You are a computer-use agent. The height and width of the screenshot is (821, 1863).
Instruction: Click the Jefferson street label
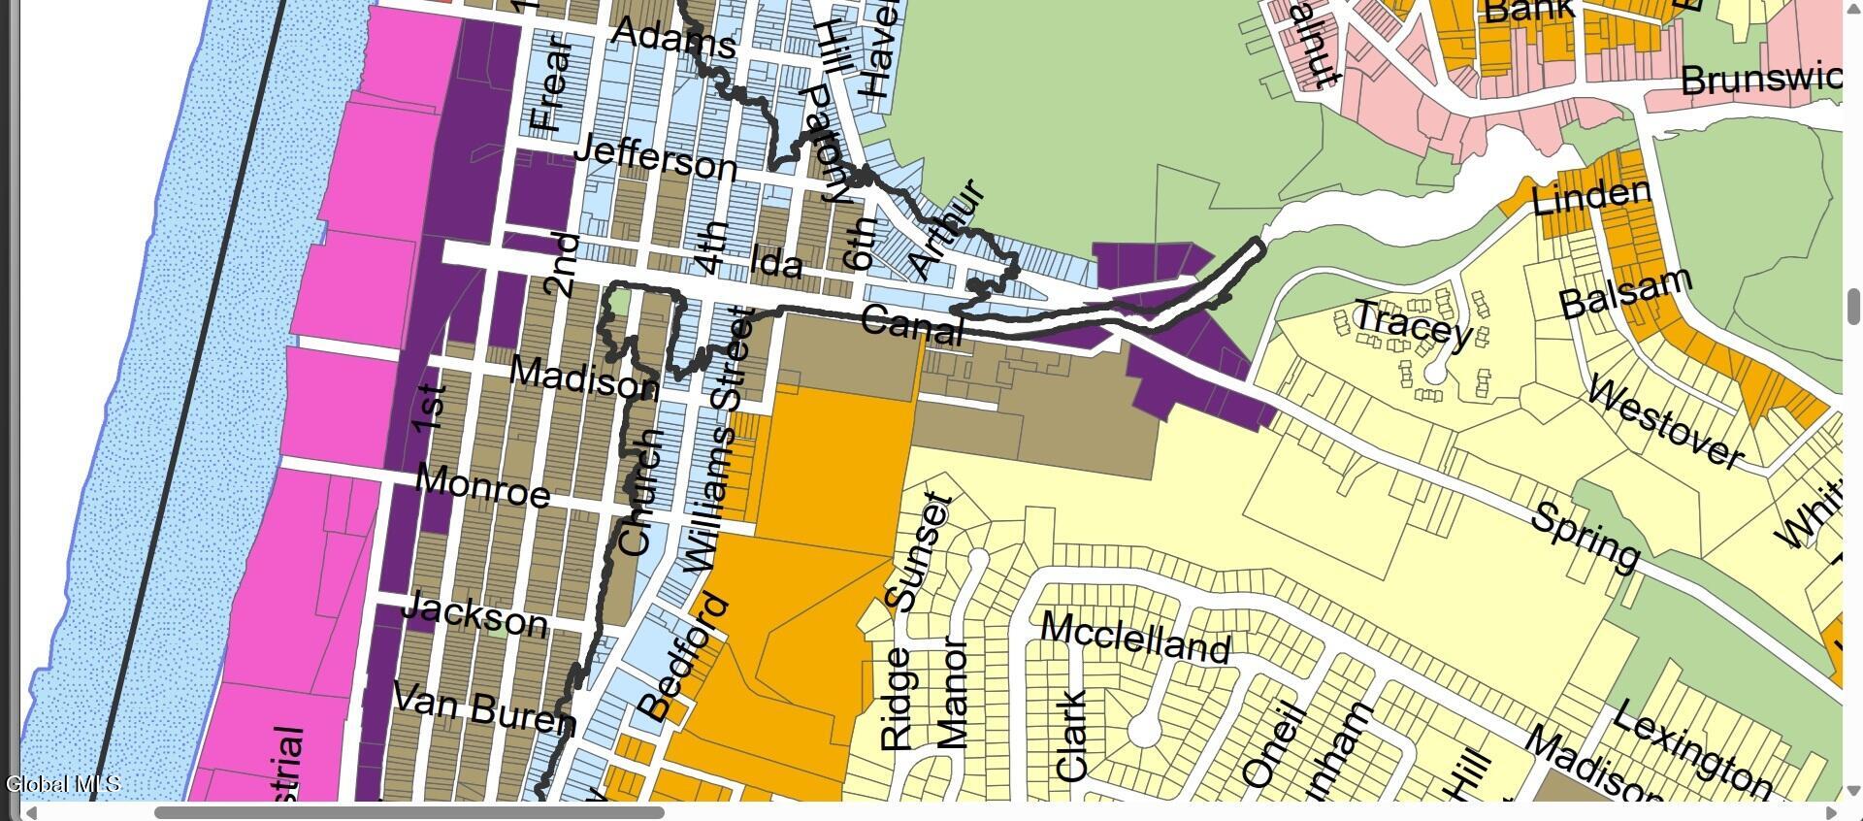(656, 156)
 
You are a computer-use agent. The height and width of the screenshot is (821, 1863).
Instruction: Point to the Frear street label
(548, 85)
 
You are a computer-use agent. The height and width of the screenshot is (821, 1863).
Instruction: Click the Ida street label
(777, 262)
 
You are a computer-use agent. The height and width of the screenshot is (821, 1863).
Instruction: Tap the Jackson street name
(474, 613)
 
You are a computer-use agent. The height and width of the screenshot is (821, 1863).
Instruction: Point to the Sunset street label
(919, 554)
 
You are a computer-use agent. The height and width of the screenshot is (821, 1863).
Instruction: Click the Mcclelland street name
(1135, 638)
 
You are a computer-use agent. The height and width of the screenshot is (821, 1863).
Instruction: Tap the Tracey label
(1414, 323)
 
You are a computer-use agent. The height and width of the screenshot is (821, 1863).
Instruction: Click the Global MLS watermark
(63, 784)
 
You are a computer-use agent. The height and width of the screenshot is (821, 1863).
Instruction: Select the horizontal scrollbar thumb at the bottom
(409, 812)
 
